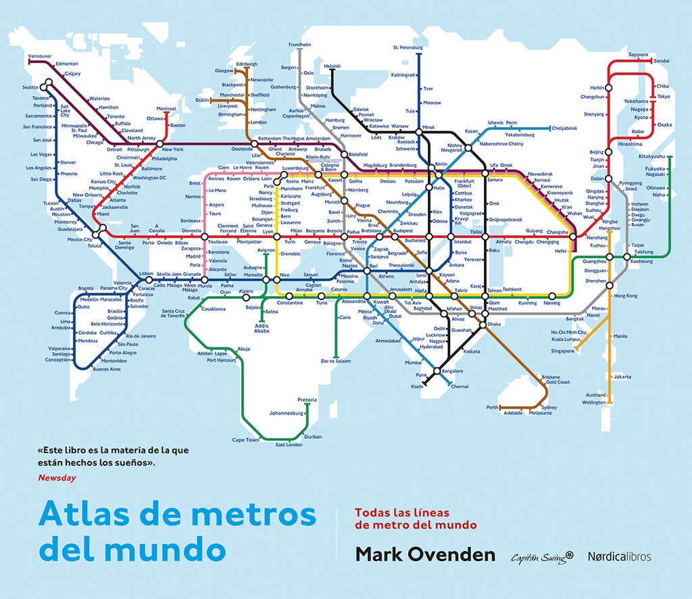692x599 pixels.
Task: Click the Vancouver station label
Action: pyautogui.click(x=39, y=55)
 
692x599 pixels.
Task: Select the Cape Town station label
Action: pyautogui.click(x=245, y=440)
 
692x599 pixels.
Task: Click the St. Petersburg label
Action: pyautogui.click(x=407, y=48)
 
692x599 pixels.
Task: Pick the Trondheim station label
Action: pyautogui.click(x=299, y=45)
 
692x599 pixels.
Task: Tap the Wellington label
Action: pyautogui.click(x=594, y=402)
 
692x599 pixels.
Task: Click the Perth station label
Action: pyautogui.click(x=491, y=408)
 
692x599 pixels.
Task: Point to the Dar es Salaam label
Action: pyautogui.click(x=336, y=361)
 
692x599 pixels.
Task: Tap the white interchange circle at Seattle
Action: pyautogui.click(x=47, y=85)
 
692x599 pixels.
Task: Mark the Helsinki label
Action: pyautogui.click(x=332, y=66)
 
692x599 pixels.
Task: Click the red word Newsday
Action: pyautogui.click(x=57, y=478)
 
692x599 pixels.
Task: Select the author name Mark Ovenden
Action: pyautogui.click(x=425, y=555)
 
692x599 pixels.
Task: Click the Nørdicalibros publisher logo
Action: pyautogui.click(x=619, y=556)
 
